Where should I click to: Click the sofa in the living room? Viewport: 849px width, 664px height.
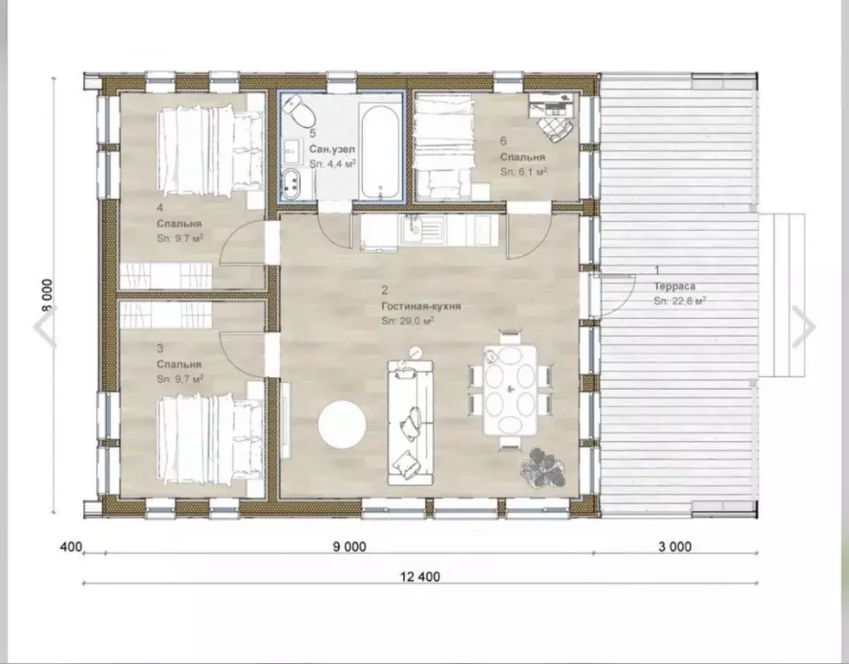click(411, 422)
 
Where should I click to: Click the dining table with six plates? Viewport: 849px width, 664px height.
click(510, 389)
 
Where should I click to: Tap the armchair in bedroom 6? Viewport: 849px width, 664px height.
click(554, 129)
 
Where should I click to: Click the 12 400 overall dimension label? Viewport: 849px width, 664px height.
click(420, 577)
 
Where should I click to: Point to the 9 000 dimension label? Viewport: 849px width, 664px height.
click(349, 547)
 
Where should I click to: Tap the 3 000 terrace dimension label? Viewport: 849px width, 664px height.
click(674, 547)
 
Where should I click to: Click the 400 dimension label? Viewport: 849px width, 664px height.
click(70, 547)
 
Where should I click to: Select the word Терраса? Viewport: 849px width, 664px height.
click(674, 286)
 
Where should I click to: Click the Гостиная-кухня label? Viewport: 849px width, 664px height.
click(421, 306)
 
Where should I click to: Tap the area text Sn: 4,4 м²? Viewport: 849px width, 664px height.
click(333, 163)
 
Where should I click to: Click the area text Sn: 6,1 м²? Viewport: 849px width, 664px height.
click(524, 172)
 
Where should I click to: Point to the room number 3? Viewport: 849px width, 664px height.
click(160, 348)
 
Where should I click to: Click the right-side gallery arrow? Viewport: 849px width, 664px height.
click(804, 327)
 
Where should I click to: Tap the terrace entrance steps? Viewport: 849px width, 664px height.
click(782, 296)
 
